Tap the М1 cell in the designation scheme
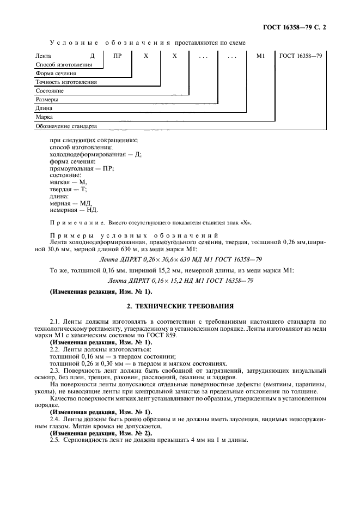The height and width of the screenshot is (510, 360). tap(259, 56)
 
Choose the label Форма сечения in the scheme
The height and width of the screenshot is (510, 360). tap(56, 74)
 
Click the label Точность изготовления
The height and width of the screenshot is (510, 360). tap(66, 82)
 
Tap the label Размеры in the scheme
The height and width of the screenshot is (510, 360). tap(47, 100)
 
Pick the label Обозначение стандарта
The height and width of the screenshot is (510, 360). tap(66, 126)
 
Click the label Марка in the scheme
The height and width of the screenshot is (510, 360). tap(44, 117)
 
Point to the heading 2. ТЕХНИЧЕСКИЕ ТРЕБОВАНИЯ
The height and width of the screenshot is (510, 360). tap(180, 306)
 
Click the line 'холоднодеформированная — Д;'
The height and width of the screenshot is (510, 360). tap(95, 154)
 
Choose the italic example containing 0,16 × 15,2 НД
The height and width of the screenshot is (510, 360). tap(180, 281)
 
